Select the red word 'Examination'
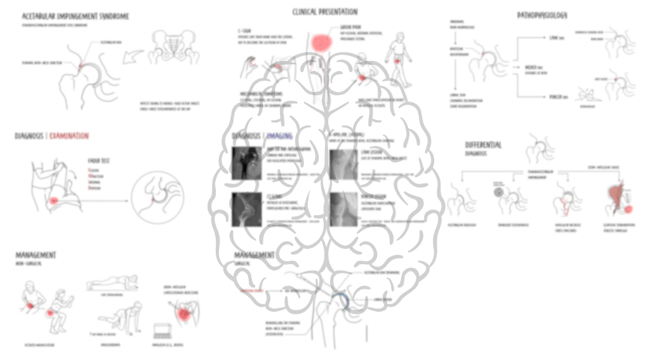click(69, 136)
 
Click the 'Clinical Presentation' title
click(324, 11)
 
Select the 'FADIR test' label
click(98, 161)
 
